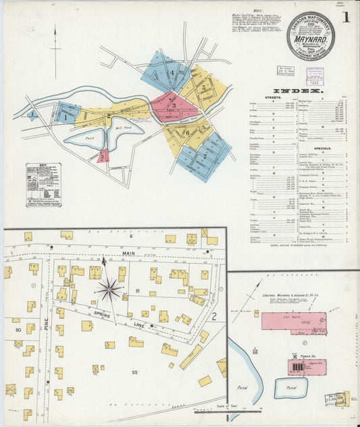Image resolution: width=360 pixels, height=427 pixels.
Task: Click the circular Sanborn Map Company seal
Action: point(310,36)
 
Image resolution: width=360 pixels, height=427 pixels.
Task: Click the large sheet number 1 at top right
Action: point(345,18)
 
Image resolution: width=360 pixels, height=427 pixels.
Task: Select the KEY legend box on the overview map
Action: point(43,184)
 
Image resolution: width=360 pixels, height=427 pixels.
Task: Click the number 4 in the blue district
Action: point(172,72)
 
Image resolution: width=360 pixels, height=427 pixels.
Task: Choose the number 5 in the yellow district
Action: point(203,87)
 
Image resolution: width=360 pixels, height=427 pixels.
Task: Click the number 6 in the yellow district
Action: point(188,132)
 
